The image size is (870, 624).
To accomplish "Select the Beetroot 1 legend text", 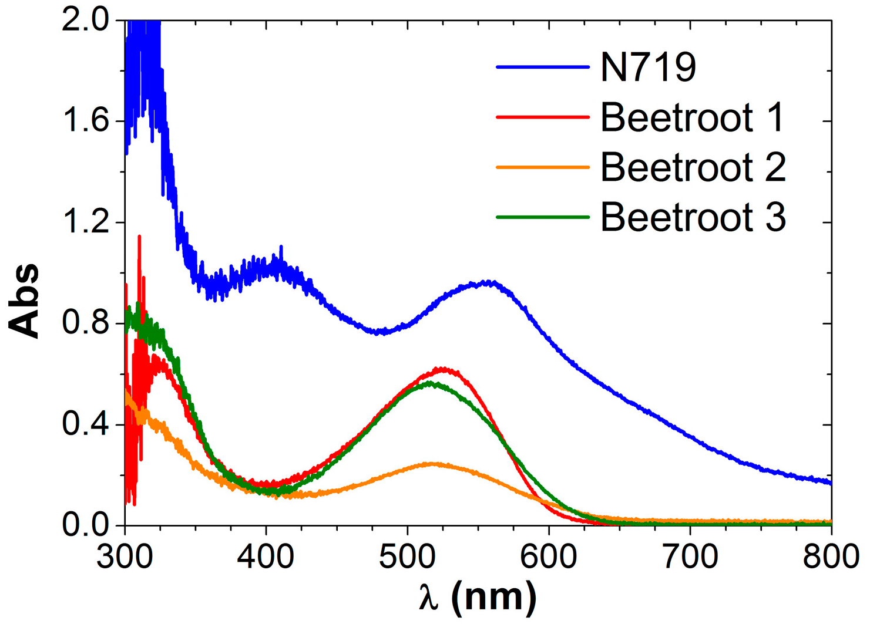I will [x=692, y=117].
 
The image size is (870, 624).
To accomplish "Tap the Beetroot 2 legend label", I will [x=693, y=167].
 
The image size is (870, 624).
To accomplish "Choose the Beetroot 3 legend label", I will [x=693, y=217].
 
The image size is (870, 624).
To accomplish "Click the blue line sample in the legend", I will [x=542, y=67].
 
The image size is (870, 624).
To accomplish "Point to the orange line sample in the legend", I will [x=542, y=167].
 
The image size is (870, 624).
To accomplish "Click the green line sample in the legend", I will [x=542, y=217].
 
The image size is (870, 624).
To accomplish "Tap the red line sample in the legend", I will [x=542, y=117].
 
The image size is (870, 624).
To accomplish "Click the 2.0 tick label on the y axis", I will [x=85, y=21].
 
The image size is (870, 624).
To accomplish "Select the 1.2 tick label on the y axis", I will [x=85, y=223].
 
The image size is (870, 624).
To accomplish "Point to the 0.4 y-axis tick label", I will [x=85, y=425].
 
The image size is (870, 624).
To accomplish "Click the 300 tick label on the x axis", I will [x=125, y=556].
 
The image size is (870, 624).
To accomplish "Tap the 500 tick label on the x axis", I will [x=408, y=556].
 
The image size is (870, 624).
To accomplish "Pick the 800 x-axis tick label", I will [x=831, y=556].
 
